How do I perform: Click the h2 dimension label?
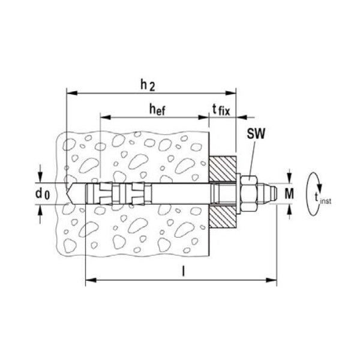pyautogui.click(x=148, y=86)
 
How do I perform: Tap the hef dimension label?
pyautogui.click(x=157, y=109)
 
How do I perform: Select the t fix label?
pyautogui.click(x=221, y=110)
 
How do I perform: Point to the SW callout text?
pyautogui.click(x=256, y=133)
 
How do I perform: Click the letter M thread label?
pyautogui.click(x=289, y=194)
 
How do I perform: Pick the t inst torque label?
pyautogui.click(x=323, y=198)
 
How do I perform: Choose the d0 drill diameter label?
pyautogui.click(x=43, y=194)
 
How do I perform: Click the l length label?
pyautogui.click(x=183, y=271)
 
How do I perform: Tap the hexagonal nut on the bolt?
pyautogui.click(x=249, y=194)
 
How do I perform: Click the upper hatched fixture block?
pyautogui.click(x=223, y=169)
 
